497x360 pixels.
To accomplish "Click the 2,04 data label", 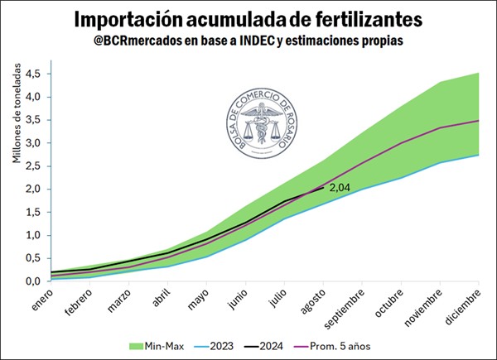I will [340, 188].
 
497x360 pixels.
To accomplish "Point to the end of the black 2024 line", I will [323, 188].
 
